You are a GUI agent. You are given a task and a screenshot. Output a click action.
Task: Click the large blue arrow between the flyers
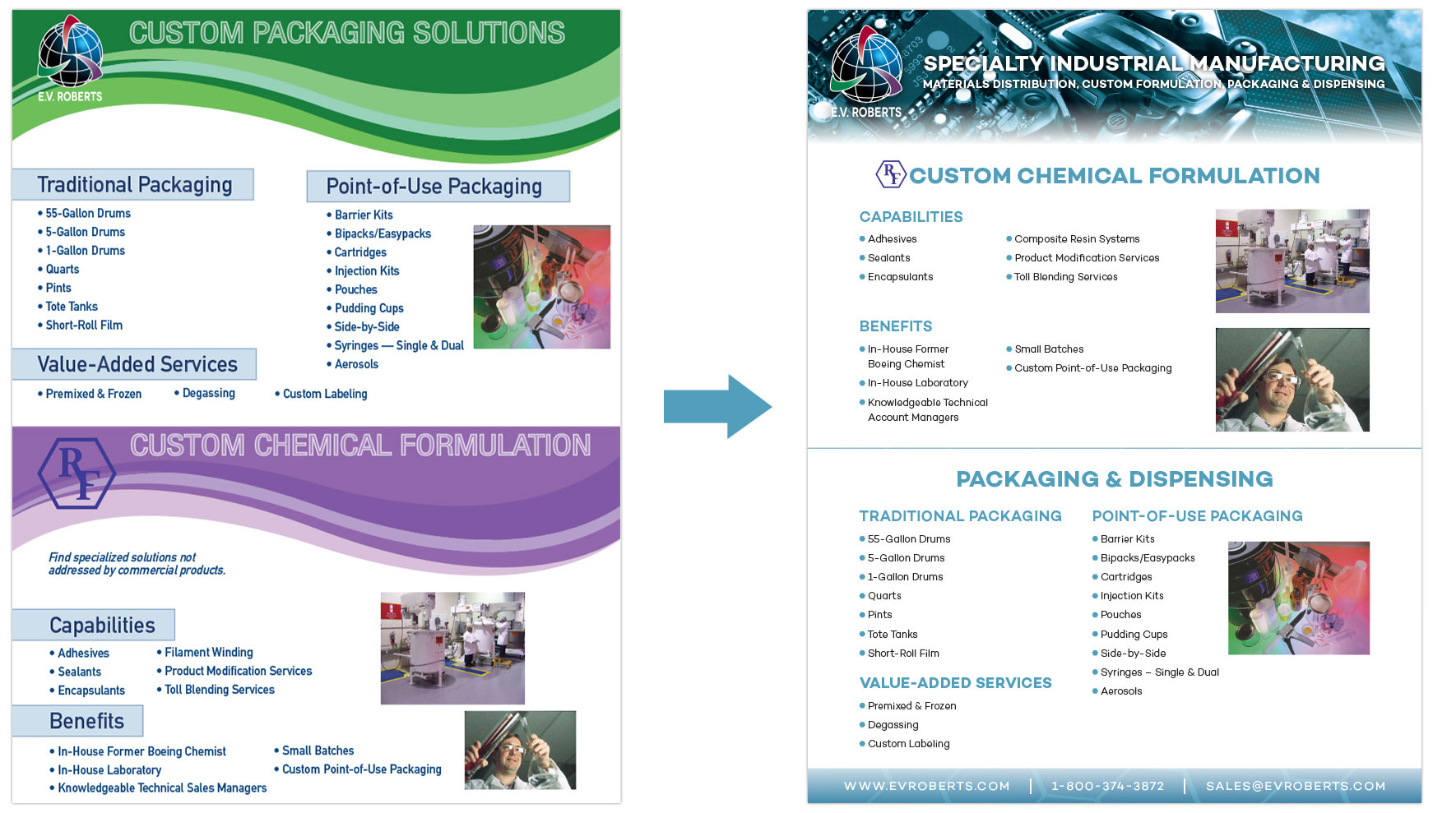[717, 406]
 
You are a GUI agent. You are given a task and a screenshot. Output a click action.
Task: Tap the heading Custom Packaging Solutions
[347, 33]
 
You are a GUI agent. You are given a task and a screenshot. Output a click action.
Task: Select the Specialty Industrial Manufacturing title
[1154, 63]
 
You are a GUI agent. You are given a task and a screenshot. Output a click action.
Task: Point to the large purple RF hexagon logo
[77, 473]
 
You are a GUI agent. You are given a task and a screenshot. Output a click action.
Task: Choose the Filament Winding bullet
[205, 652]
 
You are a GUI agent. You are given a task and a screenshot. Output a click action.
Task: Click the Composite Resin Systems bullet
[1073, 239]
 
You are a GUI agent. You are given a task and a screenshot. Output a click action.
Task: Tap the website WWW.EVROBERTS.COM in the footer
[926, 786]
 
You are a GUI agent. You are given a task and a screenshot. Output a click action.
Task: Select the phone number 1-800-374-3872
[1107, 786]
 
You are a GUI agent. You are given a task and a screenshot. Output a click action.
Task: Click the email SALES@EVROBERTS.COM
[1296, 786]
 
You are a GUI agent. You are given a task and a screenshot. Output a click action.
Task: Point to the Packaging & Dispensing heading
[1115, 479]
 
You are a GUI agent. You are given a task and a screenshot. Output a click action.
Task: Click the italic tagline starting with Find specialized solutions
[137, 564]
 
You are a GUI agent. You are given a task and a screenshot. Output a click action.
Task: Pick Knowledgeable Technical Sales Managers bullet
[158, 788]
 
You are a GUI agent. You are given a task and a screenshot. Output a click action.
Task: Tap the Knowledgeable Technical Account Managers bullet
[924, 409]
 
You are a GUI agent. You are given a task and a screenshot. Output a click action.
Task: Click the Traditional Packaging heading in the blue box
[135, 185]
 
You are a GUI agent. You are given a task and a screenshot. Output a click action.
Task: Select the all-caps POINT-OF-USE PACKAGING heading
[1198, 516]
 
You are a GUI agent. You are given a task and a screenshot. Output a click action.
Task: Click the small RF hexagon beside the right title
[890, 174]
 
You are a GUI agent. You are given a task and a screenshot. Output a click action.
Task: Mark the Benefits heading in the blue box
[86, 721]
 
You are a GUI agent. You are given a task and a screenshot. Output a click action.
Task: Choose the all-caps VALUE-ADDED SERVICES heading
[956, 683]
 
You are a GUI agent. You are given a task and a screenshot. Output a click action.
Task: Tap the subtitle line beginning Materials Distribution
[1154, 84]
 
